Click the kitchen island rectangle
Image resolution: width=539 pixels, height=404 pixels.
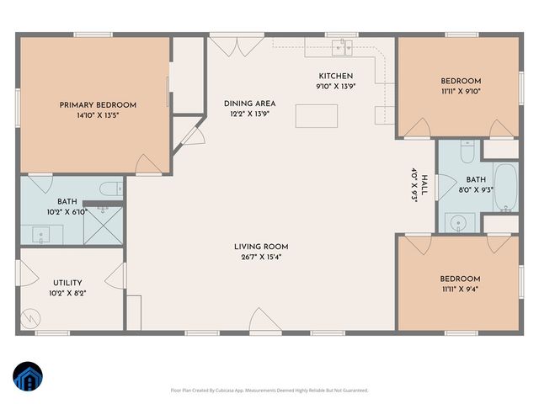click(x=317, y=115)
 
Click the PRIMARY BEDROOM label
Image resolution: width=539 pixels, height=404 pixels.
click(x=98, y=105)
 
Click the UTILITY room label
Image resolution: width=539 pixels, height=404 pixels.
click(x=67, y=283)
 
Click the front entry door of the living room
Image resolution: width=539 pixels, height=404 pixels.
click(x=261, y=321)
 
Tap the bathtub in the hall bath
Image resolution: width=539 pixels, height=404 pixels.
click(x=506, y=187)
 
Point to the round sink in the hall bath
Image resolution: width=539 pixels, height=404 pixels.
click(x=458, y=223)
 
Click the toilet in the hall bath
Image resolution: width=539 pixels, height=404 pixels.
click(x=468, y=151)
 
